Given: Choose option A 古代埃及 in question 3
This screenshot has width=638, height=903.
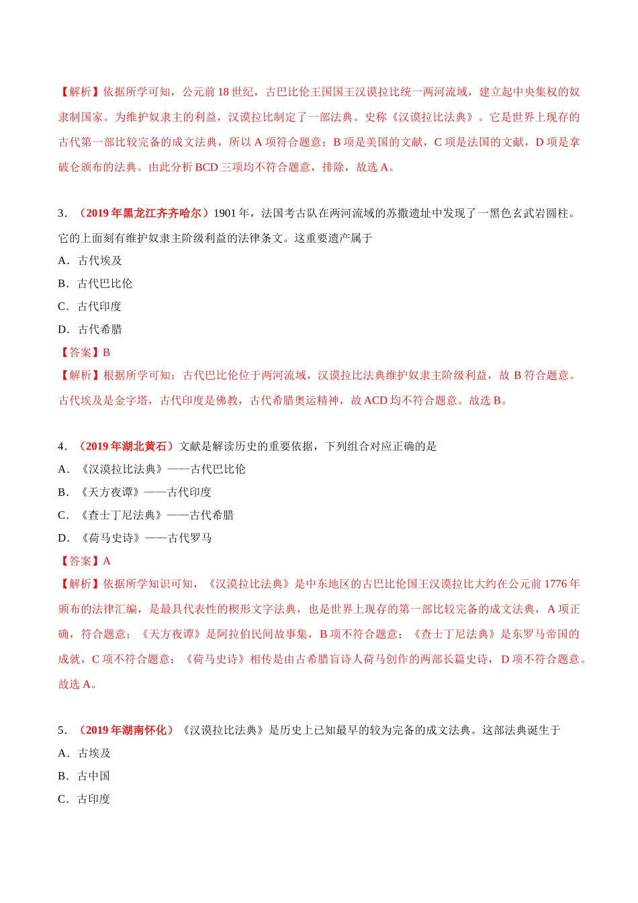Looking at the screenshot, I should (91, 261).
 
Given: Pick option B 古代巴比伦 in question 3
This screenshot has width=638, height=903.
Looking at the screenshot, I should (95, 284).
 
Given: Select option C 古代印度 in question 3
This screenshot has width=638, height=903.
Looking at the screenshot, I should (91, 306).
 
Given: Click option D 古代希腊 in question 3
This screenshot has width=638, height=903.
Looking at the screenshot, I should (91, 329).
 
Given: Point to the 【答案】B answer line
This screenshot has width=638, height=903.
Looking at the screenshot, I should (85, 352).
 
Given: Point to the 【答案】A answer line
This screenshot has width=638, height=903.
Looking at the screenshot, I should (85, 561).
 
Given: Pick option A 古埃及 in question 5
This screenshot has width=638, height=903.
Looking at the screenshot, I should (85, 753).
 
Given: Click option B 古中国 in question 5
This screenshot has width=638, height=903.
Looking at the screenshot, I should (85, 776).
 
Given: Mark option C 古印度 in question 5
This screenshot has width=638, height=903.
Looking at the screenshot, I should (85, 799).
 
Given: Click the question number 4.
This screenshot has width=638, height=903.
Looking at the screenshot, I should (62, 446).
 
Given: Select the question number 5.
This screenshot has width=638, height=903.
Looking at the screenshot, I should (62, 730).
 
